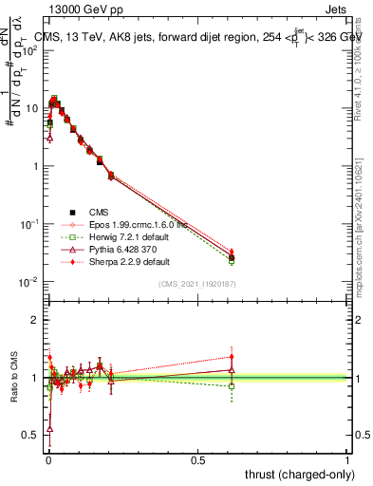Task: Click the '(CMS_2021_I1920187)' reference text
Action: [x=198, y=285]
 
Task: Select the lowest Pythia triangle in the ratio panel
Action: [x=49, y=429]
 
